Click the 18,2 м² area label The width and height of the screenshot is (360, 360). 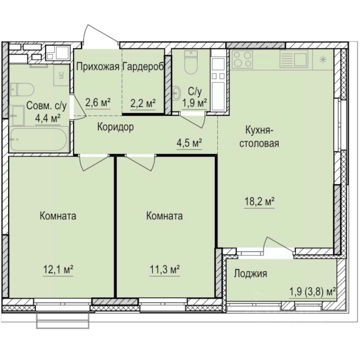258,202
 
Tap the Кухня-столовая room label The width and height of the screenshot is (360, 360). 262,137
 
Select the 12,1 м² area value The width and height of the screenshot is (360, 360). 57,269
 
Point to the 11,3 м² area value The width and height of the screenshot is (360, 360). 164,269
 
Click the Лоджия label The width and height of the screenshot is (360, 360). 250,274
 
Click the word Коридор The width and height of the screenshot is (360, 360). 115,127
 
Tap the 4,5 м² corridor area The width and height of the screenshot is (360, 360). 190,143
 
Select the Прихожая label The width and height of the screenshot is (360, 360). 98,67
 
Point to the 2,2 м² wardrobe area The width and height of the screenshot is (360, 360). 142,102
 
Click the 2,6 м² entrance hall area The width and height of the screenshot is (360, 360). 97,102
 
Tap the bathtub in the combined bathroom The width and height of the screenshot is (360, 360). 38,139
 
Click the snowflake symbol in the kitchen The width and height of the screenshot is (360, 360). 322,59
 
